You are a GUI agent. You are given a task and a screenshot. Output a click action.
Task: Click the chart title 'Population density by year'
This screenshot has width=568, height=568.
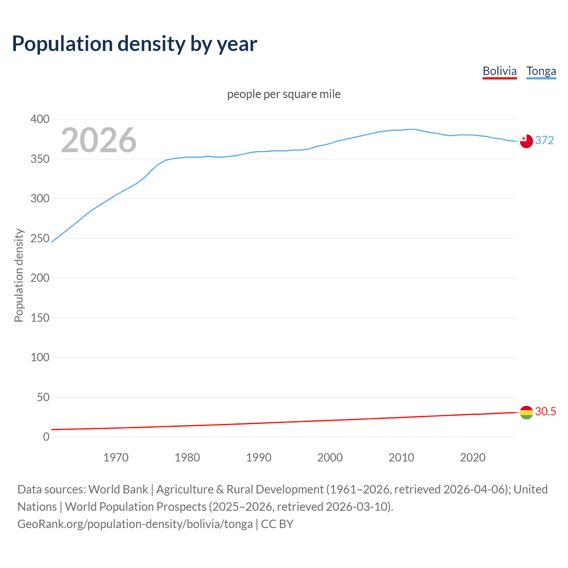tap(134, 43)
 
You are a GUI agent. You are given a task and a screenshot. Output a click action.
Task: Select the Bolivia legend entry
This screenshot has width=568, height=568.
tap(500, 71)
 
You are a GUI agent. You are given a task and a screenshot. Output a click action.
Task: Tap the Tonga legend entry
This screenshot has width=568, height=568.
tap(541, 71)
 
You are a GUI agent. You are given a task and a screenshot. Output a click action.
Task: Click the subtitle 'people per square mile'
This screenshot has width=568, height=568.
tap(284, 94)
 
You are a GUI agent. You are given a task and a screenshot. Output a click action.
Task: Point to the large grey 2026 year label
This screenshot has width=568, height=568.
tap(99, 140)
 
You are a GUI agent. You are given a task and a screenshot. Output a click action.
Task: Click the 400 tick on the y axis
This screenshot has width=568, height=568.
tap(40, 119)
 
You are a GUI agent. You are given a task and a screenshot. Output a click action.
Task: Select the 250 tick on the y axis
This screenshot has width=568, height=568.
tap(40, 238)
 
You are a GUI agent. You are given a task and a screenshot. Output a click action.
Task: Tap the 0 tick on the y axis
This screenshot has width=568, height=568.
tap(46, 437)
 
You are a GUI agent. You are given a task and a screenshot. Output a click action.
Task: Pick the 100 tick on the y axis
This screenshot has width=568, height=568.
tap(40, 357)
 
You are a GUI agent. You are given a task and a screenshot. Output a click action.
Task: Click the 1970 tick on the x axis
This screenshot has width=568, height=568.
tap(116, 458)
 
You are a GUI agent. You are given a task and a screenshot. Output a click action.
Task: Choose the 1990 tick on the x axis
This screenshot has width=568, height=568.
tap(259, 458)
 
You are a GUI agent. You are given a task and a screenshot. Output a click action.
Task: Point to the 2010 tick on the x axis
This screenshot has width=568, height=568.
tap(401, 458)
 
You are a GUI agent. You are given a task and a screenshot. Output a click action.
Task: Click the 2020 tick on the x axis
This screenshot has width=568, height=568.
tap(473, 458)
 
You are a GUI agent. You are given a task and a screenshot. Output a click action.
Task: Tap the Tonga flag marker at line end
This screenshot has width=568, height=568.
tap(526, 141)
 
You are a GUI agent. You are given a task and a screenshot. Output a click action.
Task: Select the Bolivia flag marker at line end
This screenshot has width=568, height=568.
tap(526, 412)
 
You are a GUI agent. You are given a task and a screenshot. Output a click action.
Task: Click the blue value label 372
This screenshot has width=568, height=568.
tap(544, 140)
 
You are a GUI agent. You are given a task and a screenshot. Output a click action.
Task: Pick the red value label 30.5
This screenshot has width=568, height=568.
tap(545, 411)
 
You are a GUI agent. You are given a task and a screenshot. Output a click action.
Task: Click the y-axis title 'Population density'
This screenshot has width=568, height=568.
tap(19, 275)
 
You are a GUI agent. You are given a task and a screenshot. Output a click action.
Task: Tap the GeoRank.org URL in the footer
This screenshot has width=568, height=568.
tap(135, 524)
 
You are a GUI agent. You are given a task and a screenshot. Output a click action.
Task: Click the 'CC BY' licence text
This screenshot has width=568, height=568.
tap(277, 524)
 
